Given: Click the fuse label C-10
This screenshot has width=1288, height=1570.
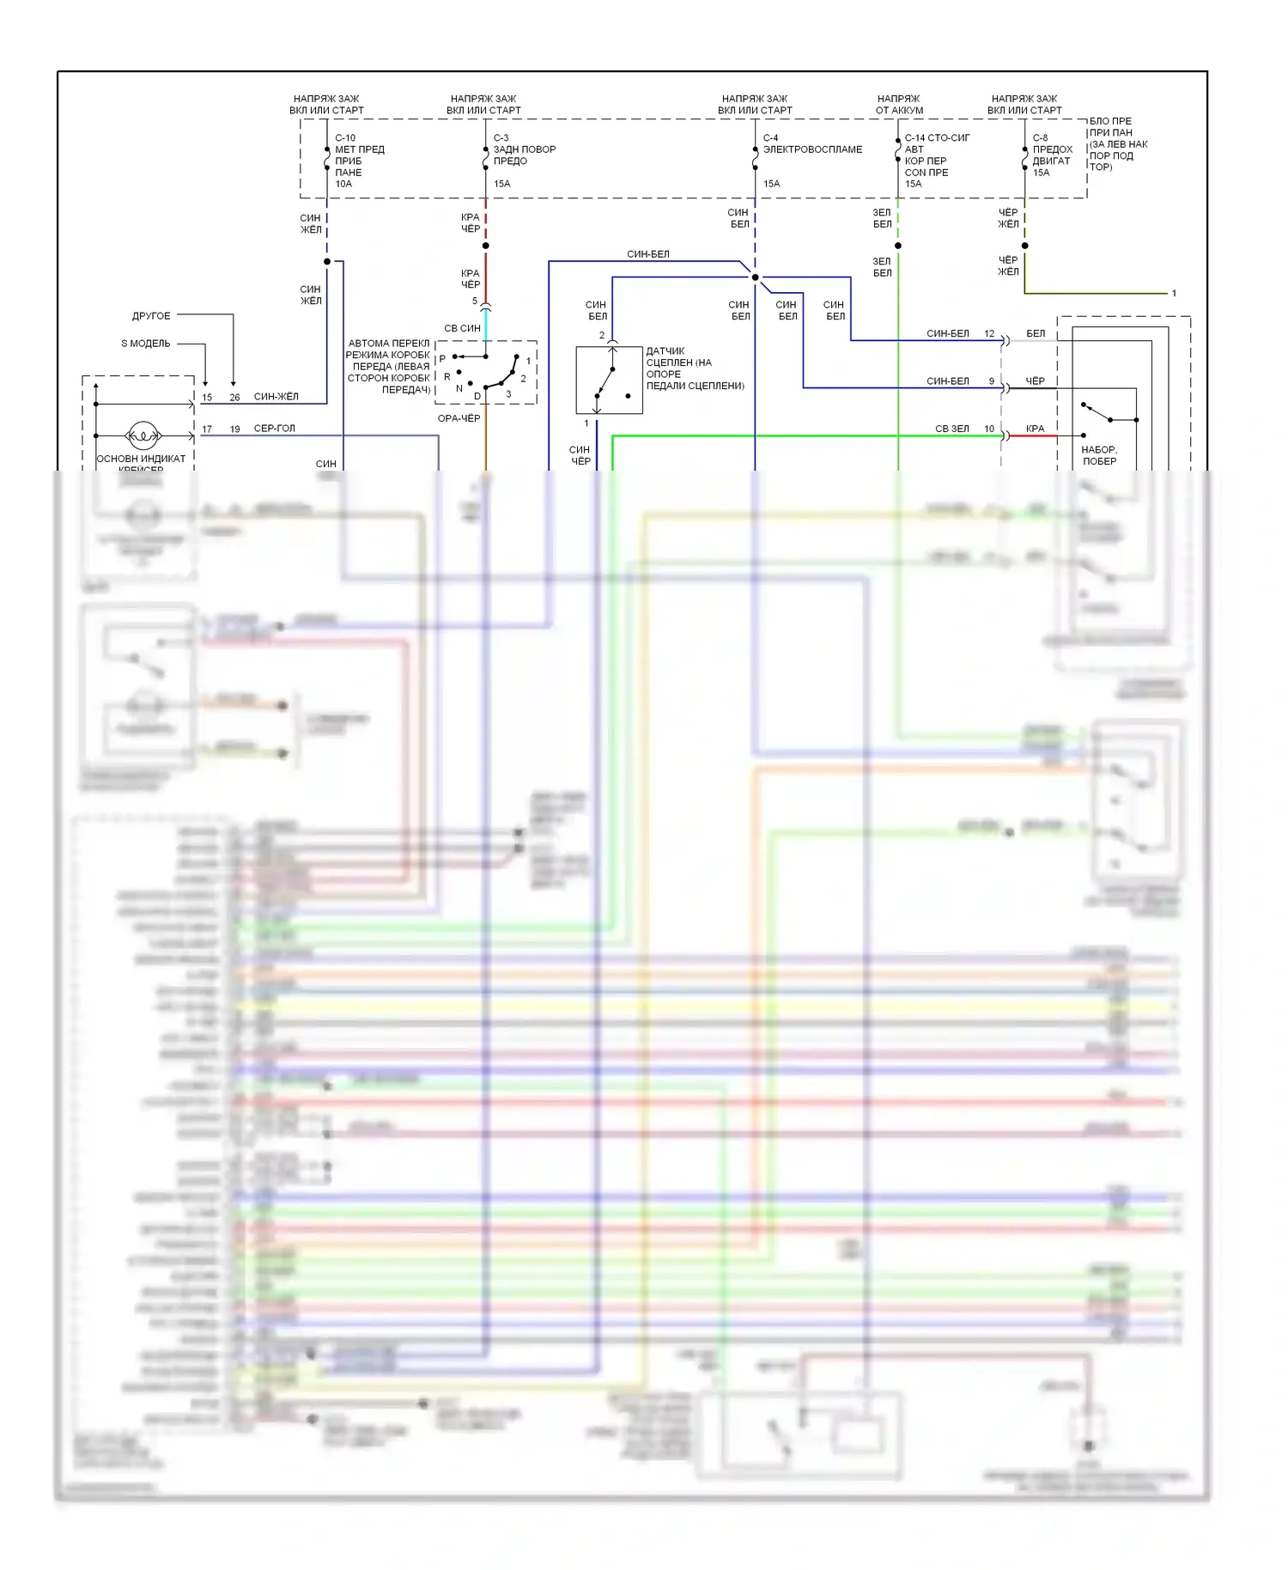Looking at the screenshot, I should click(x=345, y=138).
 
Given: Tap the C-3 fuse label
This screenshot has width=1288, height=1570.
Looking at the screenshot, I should click(x=501, y=138).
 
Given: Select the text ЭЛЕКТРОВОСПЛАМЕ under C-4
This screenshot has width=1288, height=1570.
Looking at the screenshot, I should click(x=812, y=149).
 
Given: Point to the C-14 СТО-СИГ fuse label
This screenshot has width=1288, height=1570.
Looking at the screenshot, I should click(x=937, y=138).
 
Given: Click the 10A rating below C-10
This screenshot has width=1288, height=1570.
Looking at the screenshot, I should click(x=343, y=184).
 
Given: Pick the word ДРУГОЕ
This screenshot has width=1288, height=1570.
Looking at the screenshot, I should click(x=151, y=316).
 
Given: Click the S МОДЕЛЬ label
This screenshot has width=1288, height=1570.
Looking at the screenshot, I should click(x=145, y=344).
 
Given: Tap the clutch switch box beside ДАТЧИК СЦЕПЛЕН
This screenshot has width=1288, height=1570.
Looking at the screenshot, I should click(x=609, y=380).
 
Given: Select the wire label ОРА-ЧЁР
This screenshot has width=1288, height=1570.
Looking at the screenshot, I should click(x=459, y=418).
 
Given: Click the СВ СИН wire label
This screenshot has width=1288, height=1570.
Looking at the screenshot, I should click(x=462, y=329).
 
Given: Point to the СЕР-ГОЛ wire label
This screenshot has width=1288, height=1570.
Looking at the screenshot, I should click(x=274, y=429).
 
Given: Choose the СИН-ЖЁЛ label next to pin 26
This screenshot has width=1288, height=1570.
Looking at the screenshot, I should click(x=276, y=397).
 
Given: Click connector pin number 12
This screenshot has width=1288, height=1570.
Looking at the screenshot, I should click(x=989, y=334).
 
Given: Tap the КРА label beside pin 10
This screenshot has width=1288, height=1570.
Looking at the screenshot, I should click(x=1035, y=429).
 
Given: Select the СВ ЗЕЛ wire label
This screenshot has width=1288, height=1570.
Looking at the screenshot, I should click(x=951, y=429).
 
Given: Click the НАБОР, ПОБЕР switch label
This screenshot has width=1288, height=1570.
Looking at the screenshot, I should click(x=1099, y=455).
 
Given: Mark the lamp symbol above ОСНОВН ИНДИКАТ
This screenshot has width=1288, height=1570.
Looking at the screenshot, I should click(x=143, y=436).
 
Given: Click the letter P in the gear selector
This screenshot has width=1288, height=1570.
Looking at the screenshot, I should click(x=442, y=359).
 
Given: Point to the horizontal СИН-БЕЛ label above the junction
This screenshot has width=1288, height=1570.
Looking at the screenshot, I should click(x=647, y=254).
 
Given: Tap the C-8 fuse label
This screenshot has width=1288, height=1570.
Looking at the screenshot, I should click(x=1040, y=138).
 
